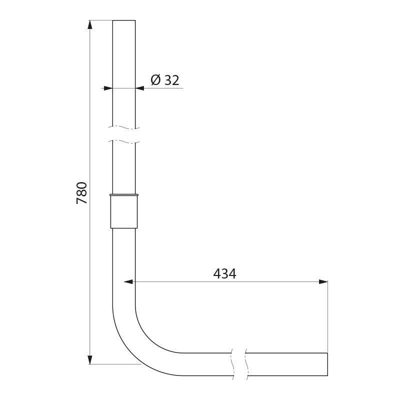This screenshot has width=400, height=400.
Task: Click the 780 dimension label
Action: [82, 192]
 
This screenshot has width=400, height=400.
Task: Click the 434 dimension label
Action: [224, 273]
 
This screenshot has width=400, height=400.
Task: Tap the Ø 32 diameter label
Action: [165, 80]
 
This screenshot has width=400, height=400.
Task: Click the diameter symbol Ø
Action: [155, 80]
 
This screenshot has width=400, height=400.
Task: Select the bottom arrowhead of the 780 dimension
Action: [89, 359]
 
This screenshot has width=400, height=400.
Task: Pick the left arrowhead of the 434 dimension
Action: [128, 281]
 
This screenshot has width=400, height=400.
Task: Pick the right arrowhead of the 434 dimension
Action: [323, 281]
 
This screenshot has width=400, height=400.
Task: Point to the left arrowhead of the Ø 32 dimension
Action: [107, 88]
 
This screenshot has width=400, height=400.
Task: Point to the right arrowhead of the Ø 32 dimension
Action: [140, 88]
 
